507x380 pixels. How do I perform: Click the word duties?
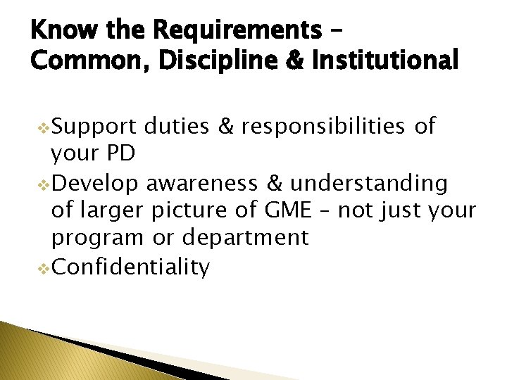(176, 127)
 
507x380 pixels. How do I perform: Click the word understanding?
(368, 184)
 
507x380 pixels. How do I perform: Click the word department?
(245, 239)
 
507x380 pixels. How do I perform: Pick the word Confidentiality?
(130, 267)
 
